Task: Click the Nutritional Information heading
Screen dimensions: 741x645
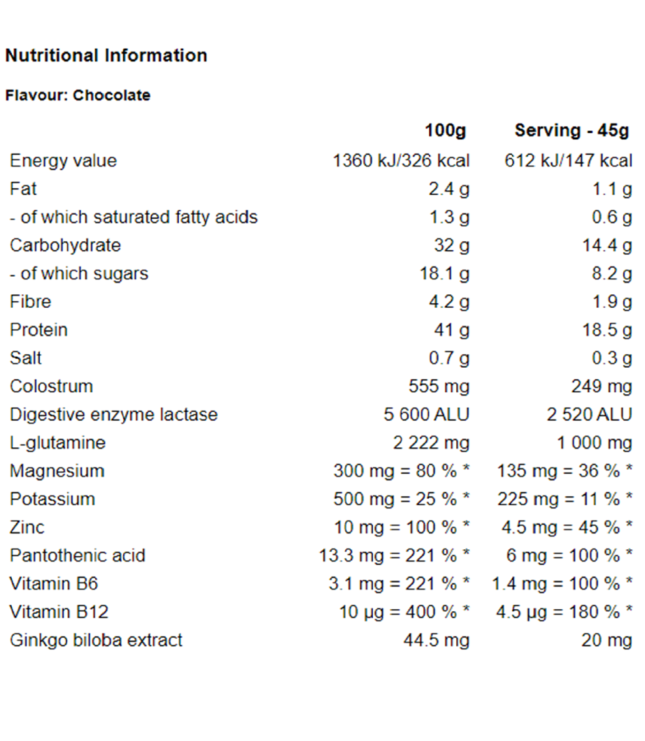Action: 106,56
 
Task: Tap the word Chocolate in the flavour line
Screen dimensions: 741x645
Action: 112,95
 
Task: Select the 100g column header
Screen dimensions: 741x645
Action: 445,130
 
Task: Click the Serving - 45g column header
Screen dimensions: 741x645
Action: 572,130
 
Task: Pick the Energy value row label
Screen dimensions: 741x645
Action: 63,161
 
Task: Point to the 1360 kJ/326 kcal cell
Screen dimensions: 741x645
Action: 401,161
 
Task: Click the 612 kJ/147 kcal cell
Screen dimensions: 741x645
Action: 568,161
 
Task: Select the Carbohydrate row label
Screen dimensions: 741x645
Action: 65,245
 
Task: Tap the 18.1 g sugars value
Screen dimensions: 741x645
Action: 444,274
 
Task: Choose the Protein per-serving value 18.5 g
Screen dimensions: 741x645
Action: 607,330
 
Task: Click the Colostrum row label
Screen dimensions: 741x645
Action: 52,387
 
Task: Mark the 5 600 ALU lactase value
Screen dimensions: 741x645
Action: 427,415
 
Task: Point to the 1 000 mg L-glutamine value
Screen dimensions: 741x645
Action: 594,443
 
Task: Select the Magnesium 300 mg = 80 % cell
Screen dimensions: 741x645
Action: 401,471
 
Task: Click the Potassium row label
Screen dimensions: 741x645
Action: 52,499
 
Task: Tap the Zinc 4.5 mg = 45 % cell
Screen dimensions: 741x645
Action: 566,528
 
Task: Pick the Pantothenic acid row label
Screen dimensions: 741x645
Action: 77,556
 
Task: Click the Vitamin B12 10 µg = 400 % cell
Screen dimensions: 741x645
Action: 404,612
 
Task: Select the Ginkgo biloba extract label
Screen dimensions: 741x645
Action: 96,640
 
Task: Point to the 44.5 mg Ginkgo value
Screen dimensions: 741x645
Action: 437,640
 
